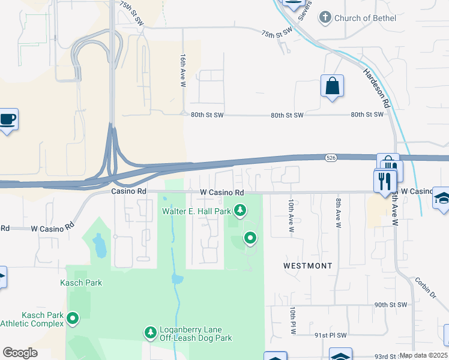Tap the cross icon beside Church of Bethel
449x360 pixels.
click(x=325, y=18)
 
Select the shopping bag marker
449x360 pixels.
click(x=332, y=86)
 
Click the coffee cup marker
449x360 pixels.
click(x=7, y=119)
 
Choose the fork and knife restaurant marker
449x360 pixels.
click(x=385, y=180)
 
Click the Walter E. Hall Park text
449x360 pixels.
click(x=196, y=211)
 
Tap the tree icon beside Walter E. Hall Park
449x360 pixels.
click(x=240, y=210)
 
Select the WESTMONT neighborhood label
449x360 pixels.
click(x=308, y=265)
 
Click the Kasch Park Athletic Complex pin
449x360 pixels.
click(x=73, y=318)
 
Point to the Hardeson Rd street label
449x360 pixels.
click(x=376, y=88)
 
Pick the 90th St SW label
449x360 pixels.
click(x=390, y=305)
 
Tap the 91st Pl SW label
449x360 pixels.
click(x=330, y=335)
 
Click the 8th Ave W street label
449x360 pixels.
click(x=339, y=214)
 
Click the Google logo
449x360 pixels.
click(x=20, y=353)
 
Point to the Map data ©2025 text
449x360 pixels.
click(x=424, y=356)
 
